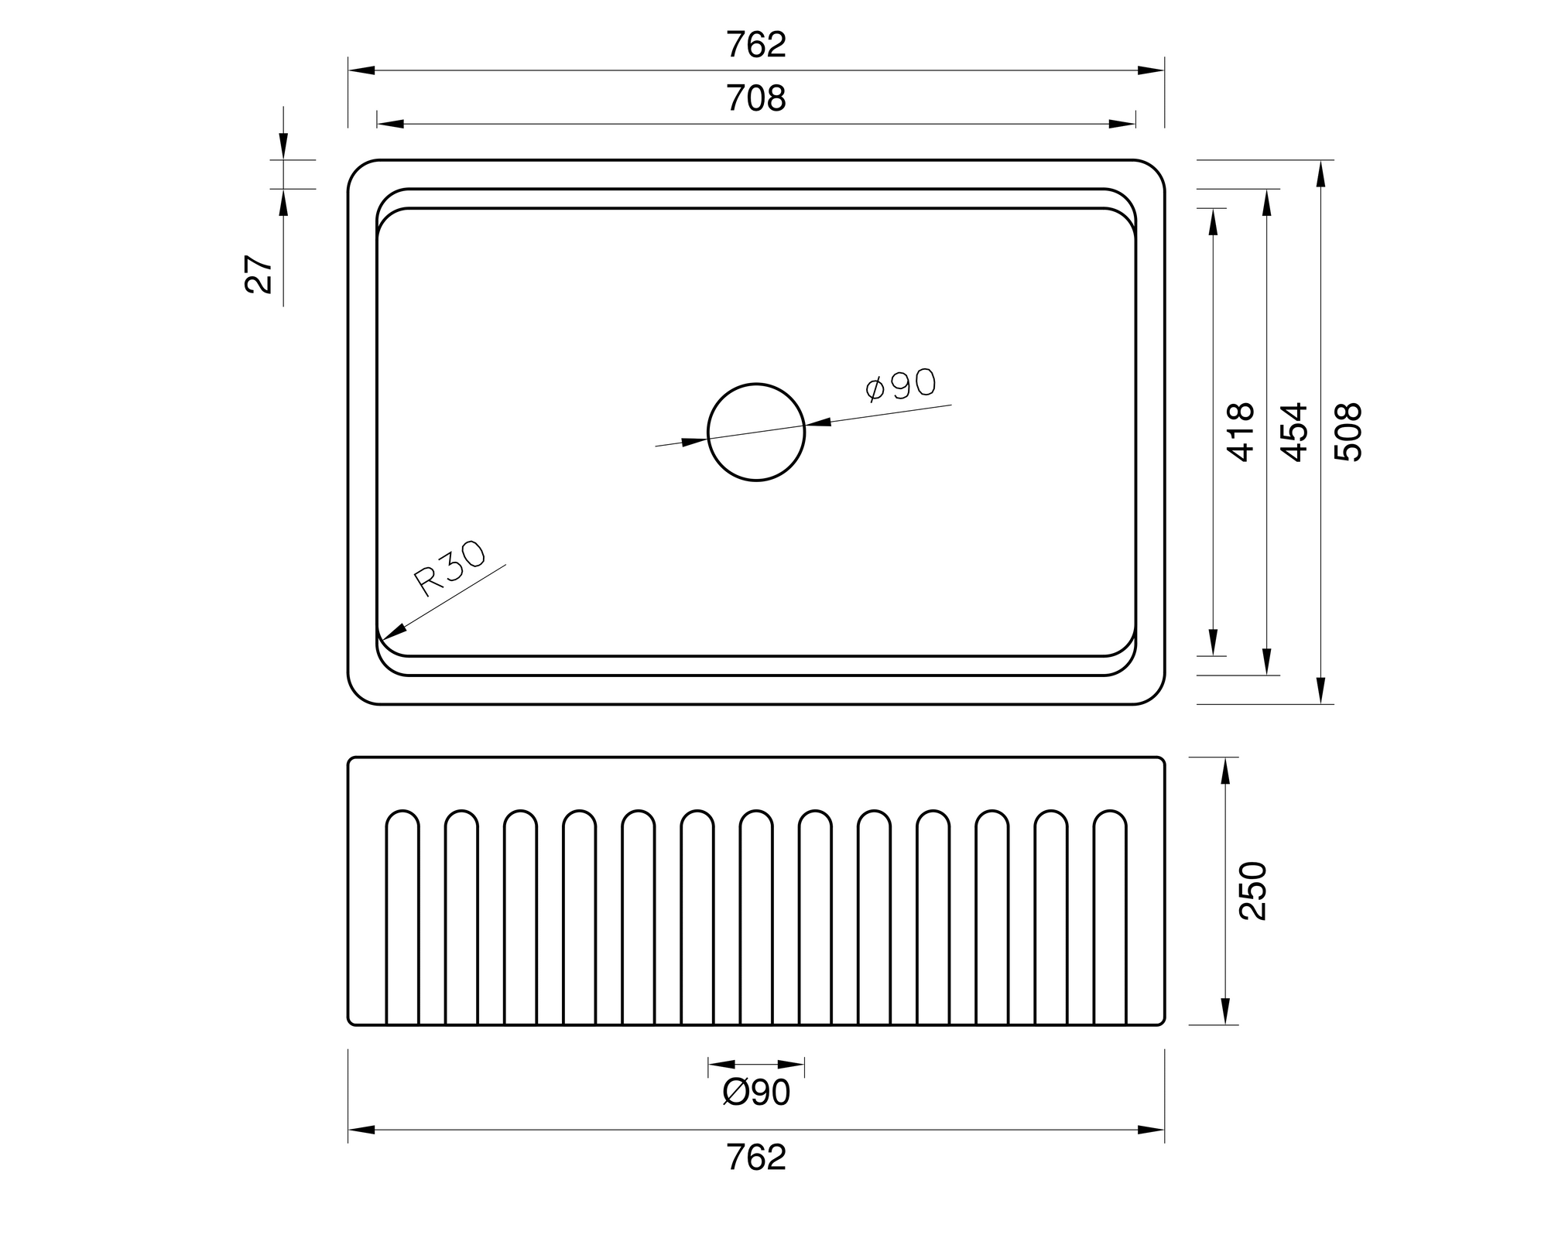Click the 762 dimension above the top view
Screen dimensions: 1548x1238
[756, 45]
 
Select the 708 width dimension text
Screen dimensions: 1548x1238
[756, 99]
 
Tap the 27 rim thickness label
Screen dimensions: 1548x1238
[259, 273]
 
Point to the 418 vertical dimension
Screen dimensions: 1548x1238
[1241, 433]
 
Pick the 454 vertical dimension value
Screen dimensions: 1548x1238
[1295, 433]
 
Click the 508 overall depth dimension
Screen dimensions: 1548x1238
[1348, 433]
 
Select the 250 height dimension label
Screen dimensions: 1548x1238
[1253, 891]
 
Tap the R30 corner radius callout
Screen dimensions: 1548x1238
[450, 569]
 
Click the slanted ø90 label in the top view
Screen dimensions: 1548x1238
[900, 385]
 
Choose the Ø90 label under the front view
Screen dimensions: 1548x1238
[756, 1093]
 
